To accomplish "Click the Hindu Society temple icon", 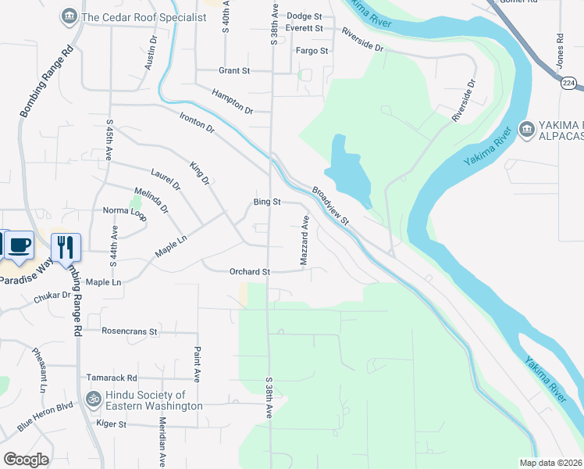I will point(94,399).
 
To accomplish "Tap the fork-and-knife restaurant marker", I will point(66,247).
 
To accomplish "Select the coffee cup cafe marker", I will point(20,245).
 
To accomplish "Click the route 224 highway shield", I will point(568,81).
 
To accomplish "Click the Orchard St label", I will point(249,272).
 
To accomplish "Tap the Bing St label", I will point(266,202).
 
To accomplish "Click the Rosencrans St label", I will point(130,331).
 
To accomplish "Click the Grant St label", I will point(233,70).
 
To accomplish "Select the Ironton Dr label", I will point(197,122).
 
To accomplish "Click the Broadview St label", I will point(332,206).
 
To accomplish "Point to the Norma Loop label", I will point(124,212).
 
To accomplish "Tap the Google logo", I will point(26,460).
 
